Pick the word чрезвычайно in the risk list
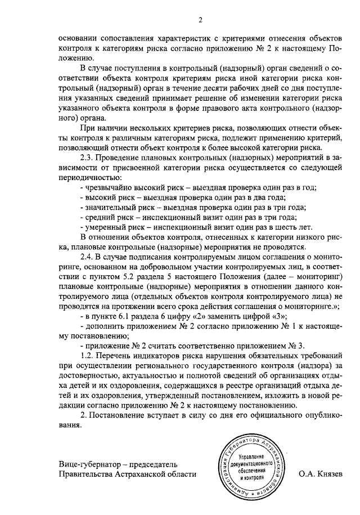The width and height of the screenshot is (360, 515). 110,187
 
